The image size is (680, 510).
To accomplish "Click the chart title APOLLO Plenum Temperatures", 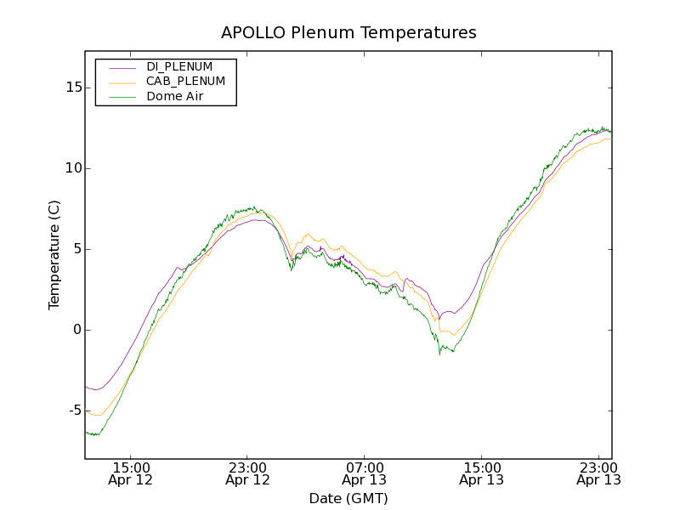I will point(348,33).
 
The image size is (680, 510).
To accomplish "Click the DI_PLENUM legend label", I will point(179,66).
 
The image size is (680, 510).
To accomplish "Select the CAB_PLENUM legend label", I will point(185,82).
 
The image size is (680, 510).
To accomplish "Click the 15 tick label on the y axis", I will point(73,88).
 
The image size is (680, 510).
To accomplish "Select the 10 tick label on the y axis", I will point(73,168).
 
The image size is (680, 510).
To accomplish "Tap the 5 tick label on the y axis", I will point(76,249).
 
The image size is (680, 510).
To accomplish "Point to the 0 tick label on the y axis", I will point(76,330).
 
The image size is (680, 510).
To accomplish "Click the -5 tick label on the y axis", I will point(74,411).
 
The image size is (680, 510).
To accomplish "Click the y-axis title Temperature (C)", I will point(54,255).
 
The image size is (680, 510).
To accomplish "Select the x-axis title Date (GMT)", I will point(348,498).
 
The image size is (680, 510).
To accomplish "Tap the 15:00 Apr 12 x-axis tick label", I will point(131,473).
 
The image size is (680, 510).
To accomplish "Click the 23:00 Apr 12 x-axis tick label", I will point(247,473).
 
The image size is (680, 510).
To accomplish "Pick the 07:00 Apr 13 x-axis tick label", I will point(365,473).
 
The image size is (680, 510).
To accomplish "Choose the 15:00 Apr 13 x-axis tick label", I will point(481,473).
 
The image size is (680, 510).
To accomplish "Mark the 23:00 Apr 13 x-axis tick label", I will point(598,473).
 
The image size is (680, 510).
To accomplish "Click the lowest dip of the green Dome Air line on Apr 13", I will point(439,354).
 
